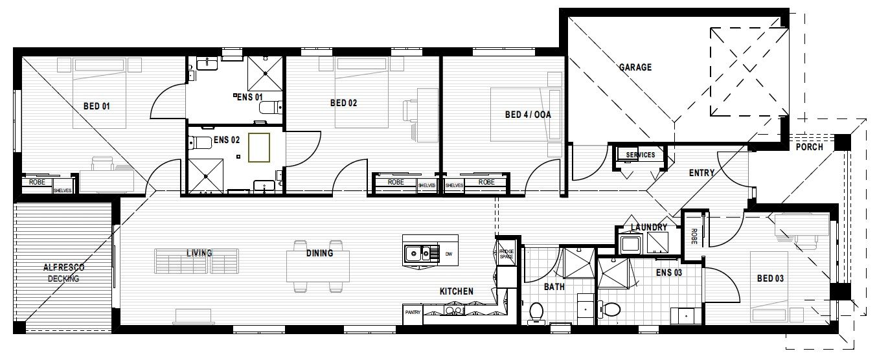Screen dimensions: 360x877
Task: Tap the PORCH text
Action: (810, 147)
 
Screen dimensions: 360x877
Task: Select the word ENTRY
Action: (701, 173)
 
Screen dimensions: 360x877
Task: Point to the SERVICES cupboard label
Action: (640, 155)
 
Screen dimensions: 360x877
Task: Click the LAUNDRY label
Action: (649, 227)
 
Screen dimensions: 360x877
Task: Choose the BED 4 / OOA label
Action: (527, 115)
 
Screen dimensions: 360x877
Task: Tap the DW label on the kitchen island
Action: (448, 253)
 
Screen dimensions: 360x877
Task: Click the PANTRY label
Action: (413, 312)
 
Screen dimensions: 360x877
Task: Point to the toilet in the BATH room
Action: (536, 312)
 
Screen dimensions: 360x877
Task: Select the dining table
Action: (319, 265)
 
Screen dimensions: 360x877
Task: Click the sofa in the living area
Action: (197, 260)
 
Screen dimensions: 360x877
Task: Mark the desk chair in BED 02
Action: (411, 111)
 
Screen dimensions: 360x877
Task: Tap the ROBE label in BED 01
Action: (36, 183)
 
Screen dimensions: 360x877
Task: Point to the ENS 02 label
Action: (227, 139)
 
